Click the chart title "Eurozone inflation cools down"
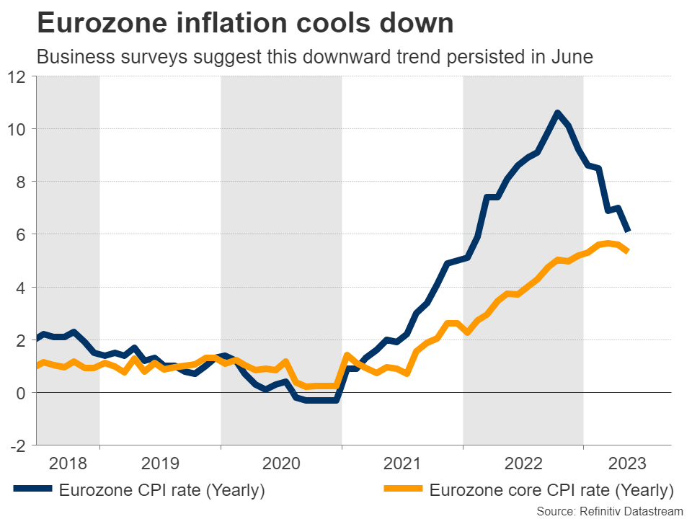pyautogui.click(x=245, y=24)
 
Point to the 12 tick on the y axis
pyautogui.click(x=17, y=76)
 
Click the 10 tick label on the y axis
pyautogui.click(x=17, y=129)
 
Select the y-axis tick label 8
pyautogui.click(x=21, y=182)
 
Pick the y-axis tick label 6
pyautogui.click(x=21, y=234)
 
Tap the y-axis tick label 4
pyautogui.click(x=21, y=287)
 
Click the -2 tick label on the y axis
pyautogui.click(x=18, y=445)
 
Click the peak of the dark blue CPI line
pyautogui.click(x=556, y=112)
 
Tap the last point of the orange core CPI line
pyautogui.click(x=629, y=251)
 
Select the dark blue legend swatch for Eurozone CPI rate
pyautogui.click(x=33, y=491)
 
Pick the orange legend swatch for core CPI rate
pyautogui.click(x=403, y=491)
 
